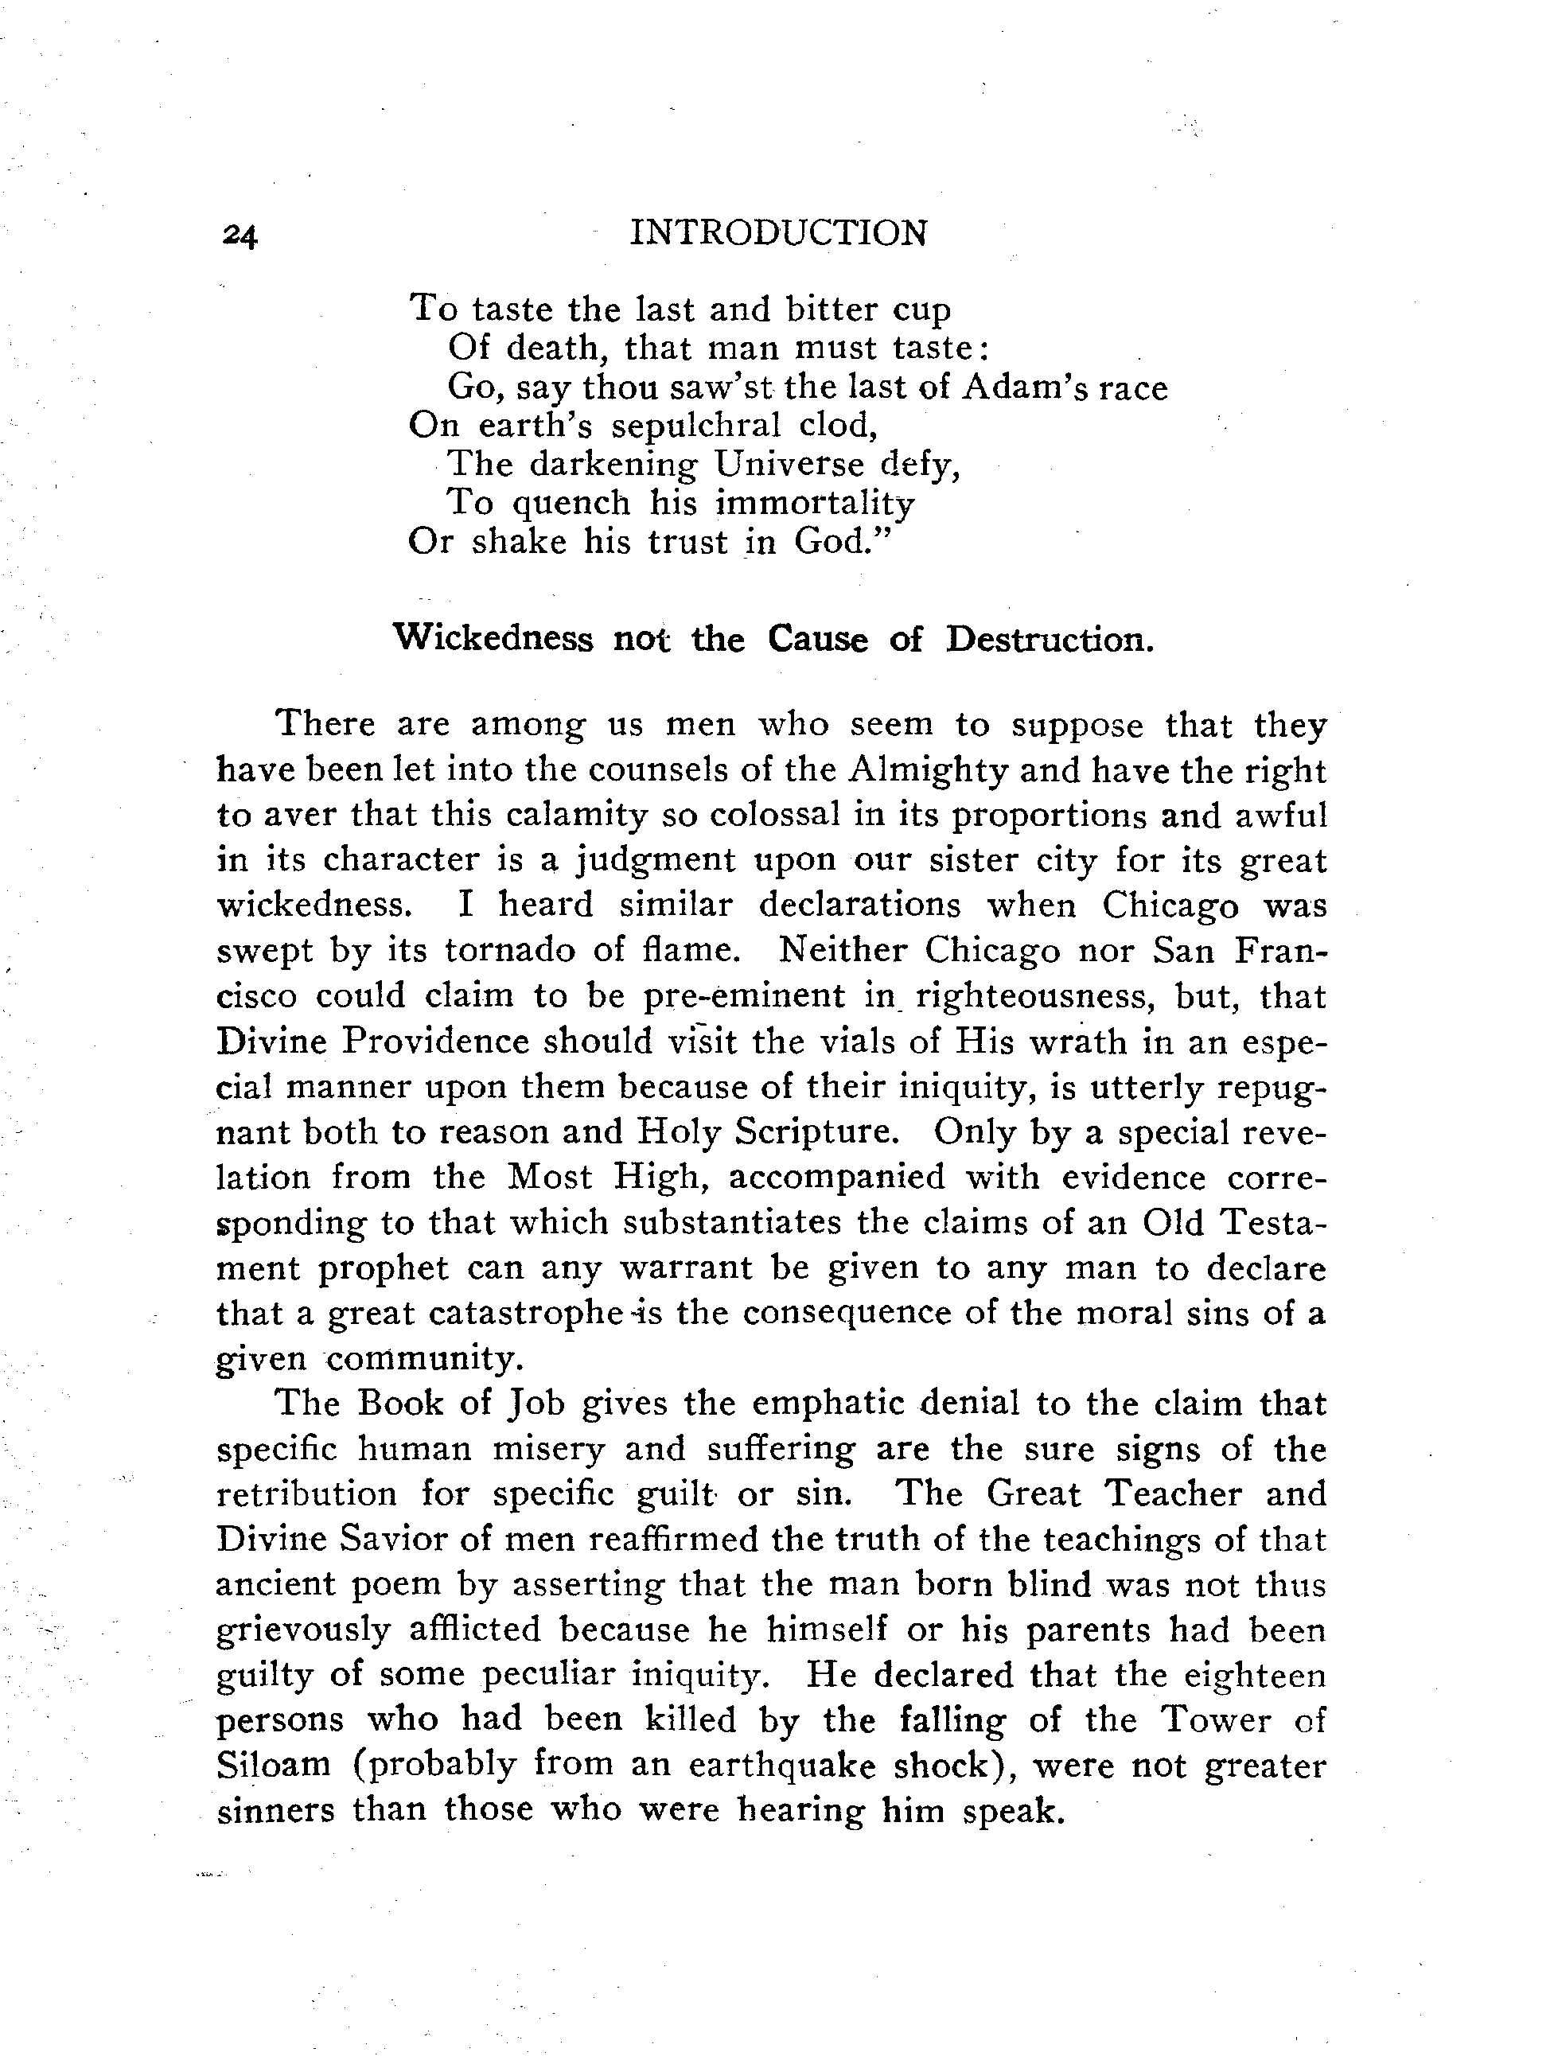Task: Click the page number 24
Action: click(x=240, y=236)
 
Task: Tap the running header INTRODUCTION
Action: click(x=778, y=233)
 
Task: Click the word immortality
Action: click(x=815, y=503)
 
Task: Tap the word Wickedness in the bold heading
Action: click(x=493, y=639)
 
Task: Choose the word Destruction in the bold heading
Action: click(x=1050, y=639)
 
